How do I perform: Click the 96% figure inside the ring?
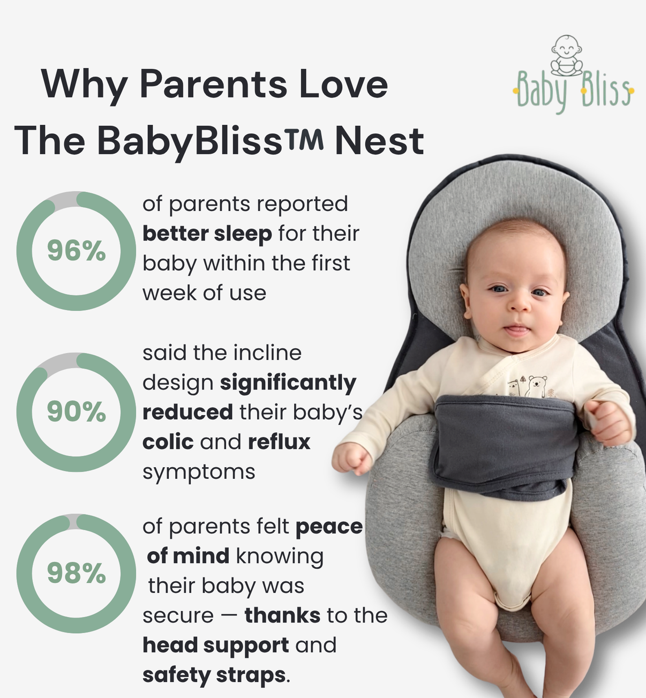(76, 251)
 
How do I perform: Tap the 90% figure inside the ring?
(76, 412)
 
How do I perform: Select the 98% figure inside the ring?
(76, 574)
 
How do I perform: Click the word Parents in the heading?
(213, 85)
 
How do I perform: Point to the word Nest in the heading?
(379, 141)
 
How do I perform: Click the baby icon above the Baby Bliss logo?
(567, 55)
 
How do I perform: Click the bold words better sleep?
(207, 234)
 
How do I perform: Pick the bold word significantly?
(288, 382)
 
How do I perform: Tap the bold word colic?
(168, 442)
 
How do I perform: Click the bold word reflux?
(279, 442)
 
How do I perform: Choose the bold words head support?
(215, 645)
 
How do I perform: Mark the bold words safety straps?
(214, 675)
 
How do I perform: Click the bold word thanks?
(282, 616)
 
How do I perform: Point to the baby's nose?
(518, 305)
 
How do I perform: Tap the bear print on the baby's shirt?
(537, 385)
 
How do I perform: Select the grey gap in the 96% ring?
(63, 199)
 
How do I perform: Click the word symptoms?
(199, 472)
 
